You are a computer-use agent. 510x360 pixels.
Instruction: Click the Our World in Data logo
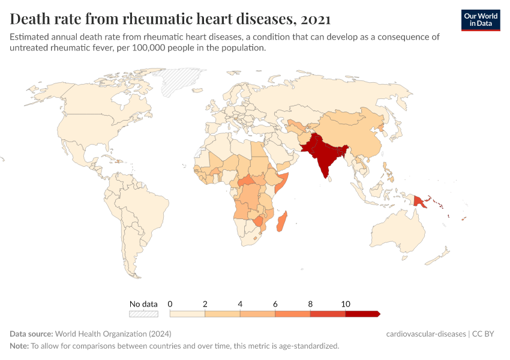(480, 20)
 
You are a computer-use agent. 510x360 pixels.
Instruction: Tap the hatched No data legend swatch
(144, 313)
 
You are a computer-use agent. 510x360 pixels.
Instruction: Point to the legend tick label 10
(346, 304)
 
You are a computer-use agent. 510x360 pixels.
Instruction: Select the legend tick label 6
(275, 304)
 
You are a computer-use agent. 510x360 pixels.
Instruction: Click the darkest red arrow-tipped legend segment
(362, 313)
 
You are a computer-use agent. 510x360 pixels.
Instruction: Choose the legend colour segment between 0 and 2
(188, 313)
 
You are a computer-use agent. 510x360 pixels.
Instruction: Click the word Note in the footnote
(19, 346)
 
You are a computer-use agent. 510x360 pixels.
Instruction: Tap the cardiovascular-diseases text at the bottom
(426, 334)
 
